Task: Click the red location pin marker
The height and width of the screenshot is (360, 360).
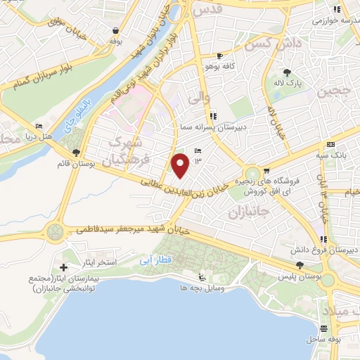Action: [x=181, y=165]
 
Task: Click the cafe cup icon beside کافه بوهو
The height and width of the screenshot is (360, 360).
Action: [x=219, y=56]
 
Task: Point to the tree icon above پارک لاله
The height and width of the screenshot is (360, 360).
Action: [x=287, y=72]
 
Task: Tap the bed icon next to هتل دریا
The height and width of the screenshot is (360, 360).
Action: [x=39, y=127]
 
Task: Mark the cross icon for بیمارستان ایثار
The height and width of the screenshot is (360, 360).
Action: [x=63, y=268]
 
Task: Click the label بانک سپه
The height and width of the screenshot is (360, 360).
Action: [x=337, y=153]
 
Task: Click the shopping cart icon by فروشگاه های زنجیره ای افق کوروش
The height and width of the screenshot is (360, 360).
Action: [x=267, y=171]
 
